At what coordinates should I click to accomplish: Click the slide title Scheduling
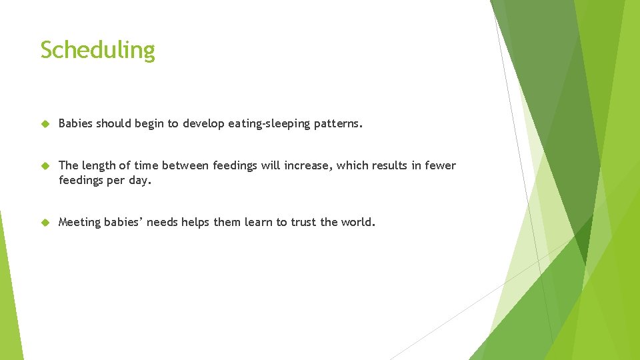click(x=97, y=51)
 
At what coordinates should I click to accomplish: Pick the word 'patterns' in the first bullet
click(x=336, y=123)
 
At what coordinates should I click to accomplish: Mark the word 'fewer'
click(x=441, y=165)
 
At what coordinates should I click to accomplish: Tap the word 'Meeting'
click(x=81, y=223)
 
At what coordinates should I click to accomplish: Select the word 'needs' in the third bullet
click(x=162, y=223)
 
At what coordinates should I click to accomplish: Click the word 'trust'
click(x=303, y=223)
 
